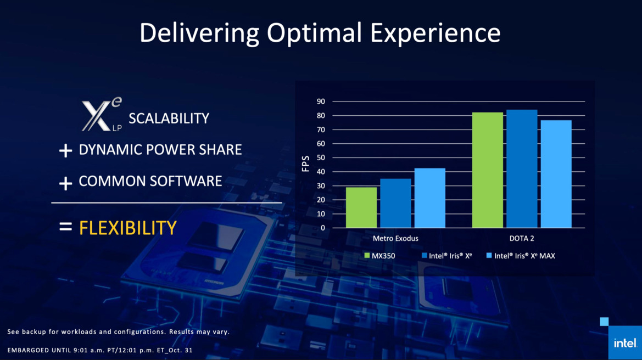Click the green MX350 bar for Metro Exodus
click(361, 207)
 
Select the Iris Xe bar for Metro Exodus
click(395, 203)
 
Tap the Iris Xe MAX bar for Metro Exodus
click(429, 198)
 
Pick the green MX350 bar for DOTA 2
click(487, 170)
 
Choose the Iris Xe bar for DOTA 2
click(522, 168)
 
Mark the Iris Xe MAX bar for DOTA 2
click(556, 174)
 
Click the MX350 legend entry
click(379, 256)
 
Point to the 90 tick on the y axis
click(321, 102)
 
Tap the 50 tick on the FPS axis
click(321, 157)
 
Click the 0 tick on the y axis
click(323, 228)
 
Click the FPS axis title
click(306, 164)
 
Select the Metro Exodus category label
click(395, 239)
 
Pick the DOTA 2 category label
click(522, 239)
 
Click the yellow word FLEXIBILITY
click(127, 227)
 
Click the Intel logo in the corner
click(624, 343)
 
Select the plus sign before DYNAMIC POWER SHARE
click(65, 151)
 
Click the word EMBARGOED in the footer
click(27, 350)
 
